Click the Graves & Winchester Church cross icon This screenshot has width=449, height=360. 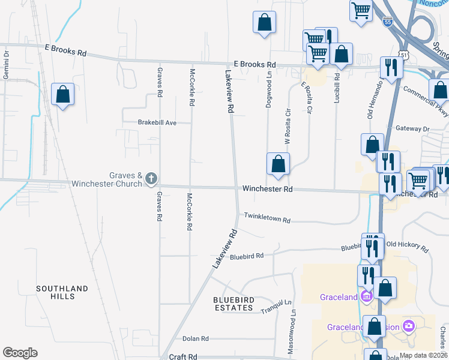coord(151,178)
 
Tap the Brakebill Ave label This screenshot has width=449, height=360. coord(157,122)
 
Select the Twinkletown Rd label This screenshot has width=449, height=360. coord(267,218)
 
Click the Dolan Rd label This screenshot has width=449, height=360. coord(195,338)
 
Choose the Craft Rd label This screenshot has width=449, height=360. coord(183,356)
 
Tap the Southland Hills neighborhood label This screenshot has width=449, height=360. coord(63,292)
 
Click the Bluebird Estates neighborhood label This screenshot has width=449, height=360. coord(234,304)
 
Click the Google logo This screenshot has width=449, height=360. coord(20,353)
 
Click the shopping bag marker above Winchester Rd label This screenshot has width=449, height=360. coord(278,164)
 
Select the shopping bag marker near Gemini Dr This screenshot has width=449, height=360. coord(62,94)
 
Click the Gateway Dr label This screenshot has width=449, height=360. coord(414,129)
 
